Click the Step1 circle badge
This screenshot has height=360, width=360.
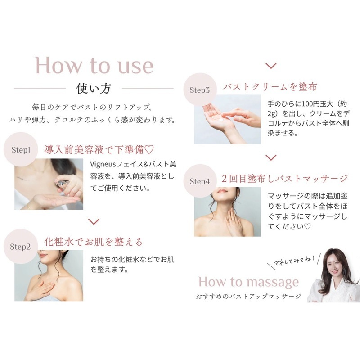click(21, 149)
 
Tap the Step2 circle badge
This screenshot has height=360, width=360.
click(20, 246)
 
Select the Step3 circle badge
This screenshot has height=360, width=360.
click(200, 90)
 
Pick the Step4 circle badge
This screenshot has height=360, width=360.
click(200, 181)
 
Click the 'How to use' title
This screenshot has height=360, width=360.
click(94, 65)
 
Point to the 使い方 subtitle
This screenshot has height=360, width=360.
click(94, 88)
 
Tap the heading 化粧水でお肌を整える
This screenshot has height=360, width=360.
click(93, 242)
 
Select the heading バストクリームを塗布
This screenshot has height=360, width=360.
click(270, 86)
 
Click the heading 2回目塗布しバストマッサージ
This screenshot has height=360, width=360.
click(285, 179)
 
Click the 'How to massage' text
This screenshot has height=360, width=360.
click(249, 282)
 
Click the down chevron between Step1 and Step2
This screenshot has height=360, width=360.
click(94, 221)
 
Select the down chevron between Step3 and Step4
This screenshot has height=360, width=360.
click(271, 157)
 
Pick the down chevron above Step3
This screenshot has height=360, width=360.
click(271, 66)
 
